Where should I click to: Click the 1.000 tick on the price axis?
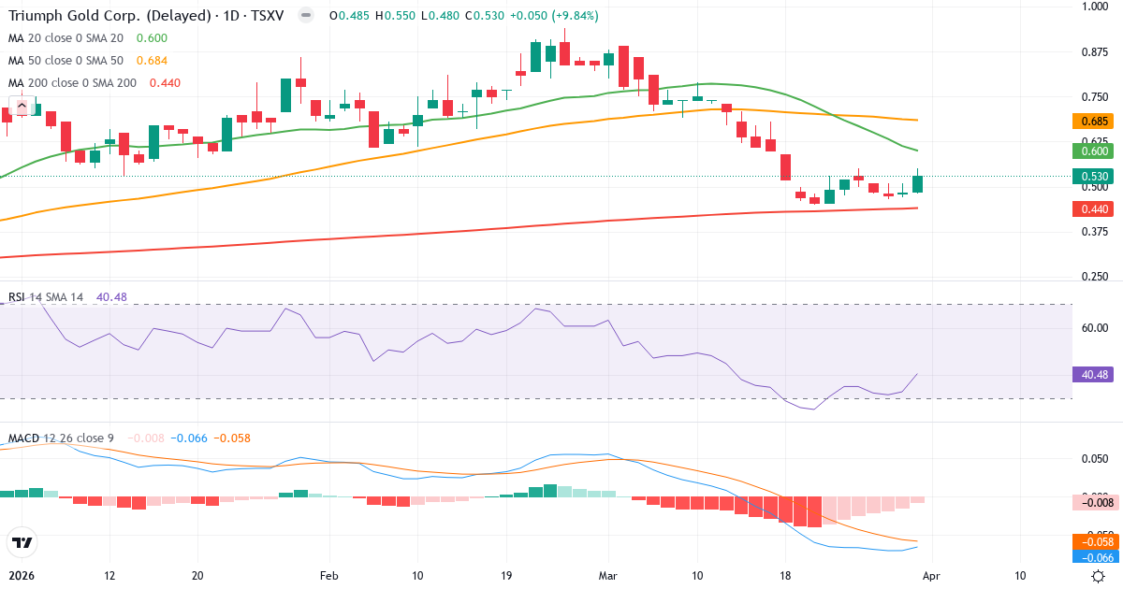[1095, 7]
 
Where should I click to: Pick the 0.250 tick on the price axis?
[1095, 278]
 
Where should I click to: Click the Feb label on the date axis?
[328, 576]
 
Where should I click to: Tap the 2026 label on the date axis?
[21, 576]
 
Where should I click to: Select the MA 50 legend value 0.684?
[152, 61]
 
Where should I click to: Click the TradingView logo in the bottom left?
[22, 542]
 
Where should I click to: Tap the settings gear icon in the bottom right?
[1098, 576]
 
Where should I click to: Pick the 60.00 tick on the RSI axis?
[1095, 327]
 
